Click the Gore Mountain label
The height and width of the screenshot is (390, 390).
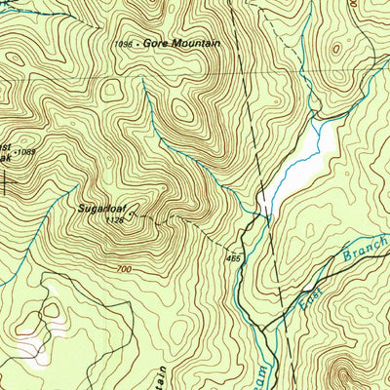click(181, 44)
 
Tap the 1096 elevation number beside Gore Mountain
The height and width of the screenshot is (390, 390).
click(122, 45)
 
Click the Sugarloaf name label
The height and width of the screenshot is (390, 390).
click(102, 208)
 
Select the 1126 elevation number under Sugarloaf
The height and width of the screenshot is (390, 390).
click(115, 219)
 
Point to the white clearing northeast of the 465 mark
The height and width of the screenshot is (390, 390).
click(297, 166)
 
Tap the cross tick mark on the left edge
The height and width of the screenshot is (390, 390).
click(8, 181)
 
